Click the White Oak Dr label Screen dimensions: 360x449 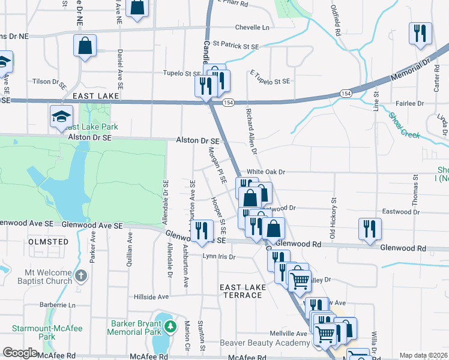pos(265,172)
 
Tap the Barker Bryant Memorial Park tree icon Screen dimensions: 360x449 pos(172,327)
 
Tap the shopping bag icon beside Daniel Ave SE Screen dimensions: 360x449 pos(85,45)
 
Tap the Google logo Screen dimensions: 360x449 pos(20,353)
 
